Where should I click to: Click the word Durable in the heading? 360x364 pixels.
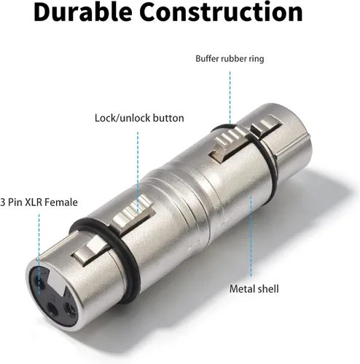[83, 12]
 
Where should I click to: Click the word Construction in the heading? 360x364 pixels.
[221, 12]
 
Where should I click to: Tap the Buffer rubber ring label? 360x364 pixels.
[230, 59]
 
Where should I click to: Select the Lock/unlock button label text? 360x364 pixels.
[139, 118]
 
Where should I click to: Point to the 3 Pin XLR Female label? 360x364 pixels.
[39, 202]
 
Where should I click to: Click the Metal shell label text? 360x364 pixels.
[254, 289]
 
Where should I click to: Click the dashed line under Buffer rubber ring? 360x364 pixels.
[230, 98]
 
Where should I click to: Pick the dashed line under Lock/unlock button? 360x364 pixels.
[138, 173]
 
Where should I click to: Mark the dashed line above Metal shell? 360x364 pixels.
[251, 237]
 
